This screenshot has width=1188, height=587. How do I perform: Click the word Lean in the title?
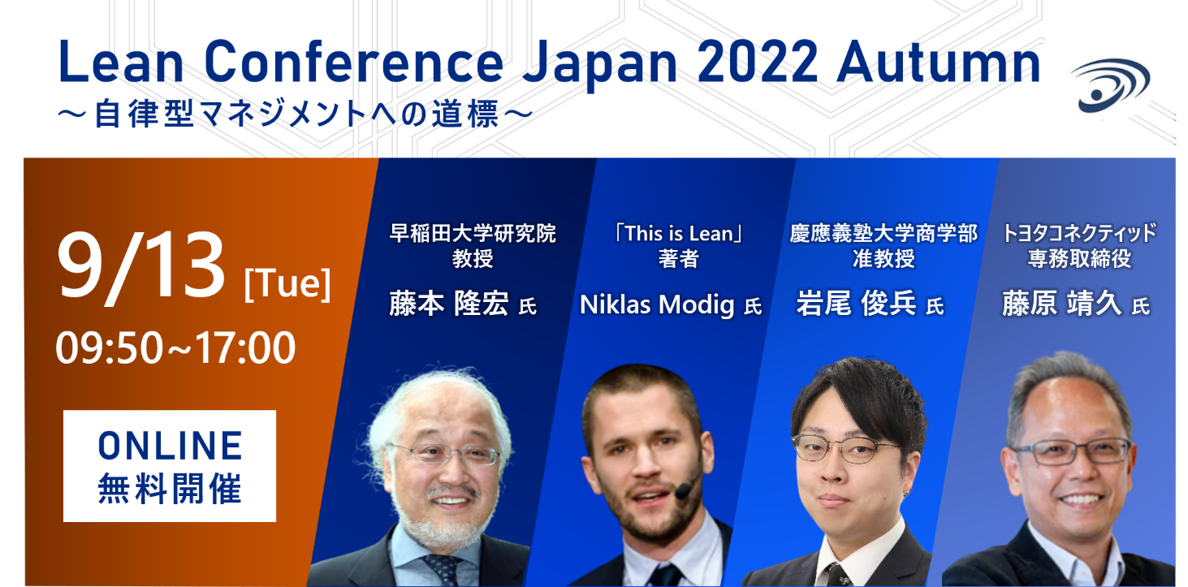point(122,63)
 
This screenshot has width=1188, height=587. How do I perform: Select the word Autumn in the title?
point(939,63)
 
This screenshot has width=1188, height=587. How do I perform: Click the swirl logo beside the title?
point(1110,84)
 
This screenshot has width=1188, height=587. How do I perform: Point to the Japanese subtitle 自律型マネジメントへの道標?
point(295,114)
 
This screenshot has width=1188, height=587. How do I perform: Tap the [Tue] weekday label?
point(287,284)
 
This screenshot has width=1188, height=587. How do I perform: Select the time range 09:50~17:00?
point(175,347)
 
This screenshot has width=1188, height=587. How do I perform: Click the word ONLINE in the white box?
point(171,446)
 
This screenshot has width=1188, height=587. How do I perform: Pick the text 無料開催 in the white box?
point(171,488)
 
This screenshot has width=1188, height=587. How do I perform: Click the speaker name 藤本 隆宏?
point(449,304)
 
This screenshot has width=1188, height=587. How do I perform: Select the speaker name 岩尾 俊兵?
point(856,304)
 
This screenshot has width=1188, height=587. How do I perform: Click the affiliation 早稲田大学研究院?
point(473,233)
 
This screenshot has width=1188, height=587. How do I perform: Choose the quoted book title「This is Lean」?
point(678,233)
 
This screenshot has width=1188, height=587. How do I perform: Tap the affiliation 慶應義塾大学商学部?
point(883,233)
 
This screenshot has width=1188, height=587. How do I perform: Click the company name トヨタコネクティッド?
point(1078,233)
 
